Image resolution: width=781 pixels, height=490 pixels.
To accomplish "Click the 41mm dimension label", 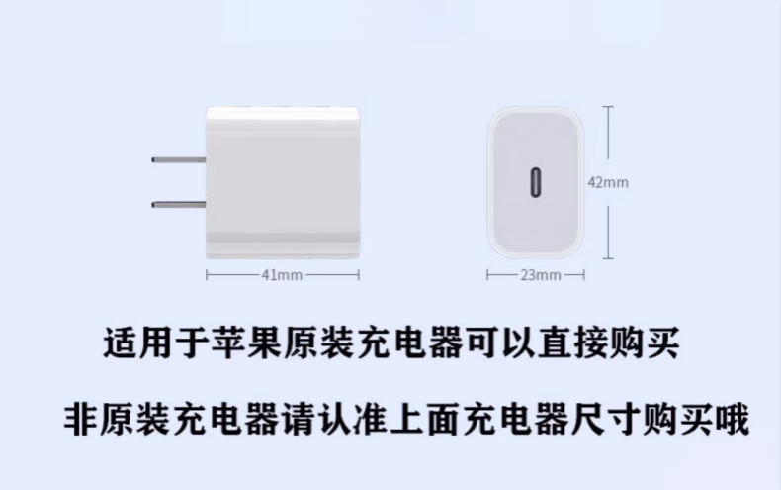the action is point(282,275).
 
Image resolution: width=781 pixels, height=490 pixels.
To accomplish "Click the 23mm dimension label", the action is point(540,275).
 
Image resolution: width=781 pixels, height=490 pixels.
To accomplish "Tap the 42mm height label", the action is point(608,182).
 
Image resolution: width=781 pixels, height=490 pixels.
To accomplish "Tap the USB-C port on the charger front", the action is point(538,183).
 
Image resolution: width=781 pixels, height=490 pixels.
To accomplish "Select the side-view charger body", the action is point(282,181).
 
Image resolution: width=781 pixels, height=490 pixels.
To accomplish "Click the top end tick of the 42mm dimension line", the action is point(606,106).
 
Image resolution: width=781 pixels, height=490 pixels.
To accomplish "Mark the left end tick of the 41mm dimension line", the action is point(206,275).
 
